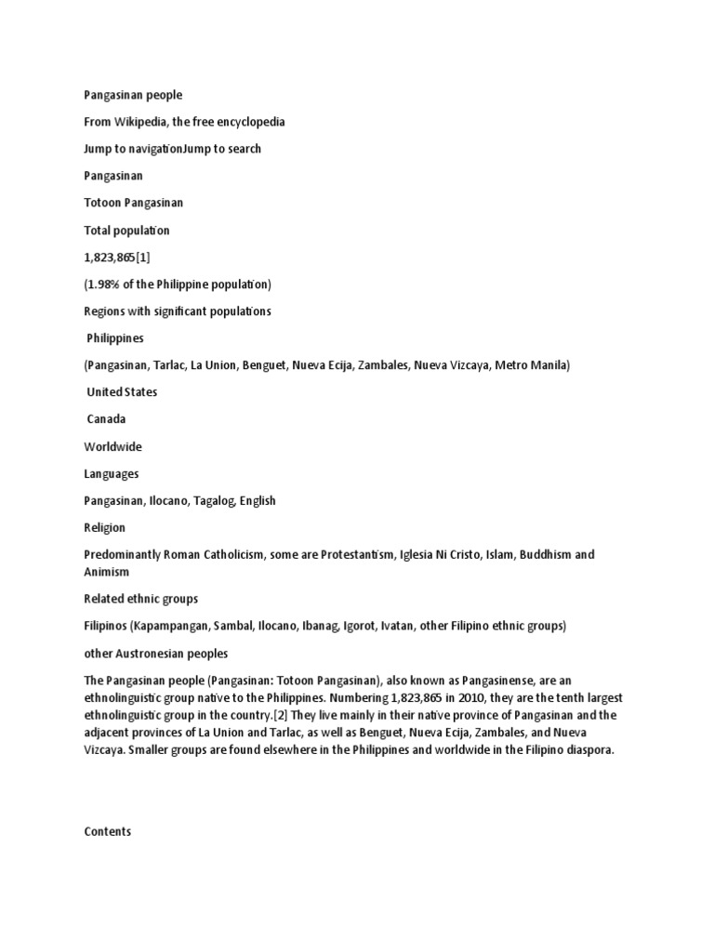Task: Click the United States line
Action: click(x=122, y=392)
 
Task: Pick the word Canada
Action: click(x=108, y=419)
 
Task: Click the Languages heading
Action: click(x=112, y=474)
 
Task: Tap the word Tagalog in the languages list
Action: click(x=216, y=501)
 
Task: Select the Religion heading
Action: click(x=105, y=528)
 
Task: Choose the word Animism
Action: click(x=108, y=573)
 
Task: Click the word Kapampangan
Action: click(x=172, y=627)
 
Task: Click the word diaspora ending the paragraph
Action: click(x=588, y=750)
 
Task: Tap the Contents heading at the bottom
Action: click(x=108, y=832)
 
